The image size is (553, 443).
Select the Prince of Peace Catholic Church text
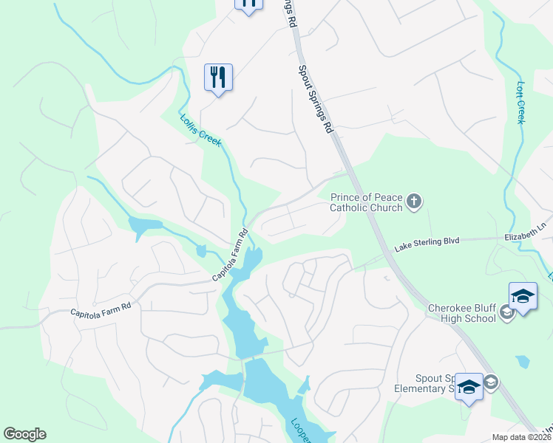click(x=367, y=202)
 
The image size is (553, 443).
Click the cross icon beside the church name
click(x=414, y=201)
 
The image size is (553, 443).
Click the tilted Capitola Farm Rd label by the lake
click(x=231, y=255)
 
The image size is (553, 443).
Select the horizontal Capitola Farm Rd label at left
click(x=101, y=312)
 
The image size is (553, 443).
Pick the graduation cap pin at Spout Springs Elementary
click(x=469, y=387)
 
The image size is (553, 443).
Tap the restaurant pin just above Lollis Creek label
click(x=218, y=77)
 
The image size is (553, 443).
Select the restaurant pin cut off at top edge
click(x=248, y=4)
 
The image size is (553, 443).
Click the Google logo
click(x=24, y=434)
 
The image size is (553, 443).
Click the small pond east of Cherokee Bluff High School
click(x=523, y=362)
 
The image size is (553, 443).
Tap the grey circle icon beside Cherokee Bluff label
click(x=506, y=314)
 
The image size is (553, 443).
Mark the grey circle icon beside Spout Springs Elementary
click(x=492, y=382)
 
